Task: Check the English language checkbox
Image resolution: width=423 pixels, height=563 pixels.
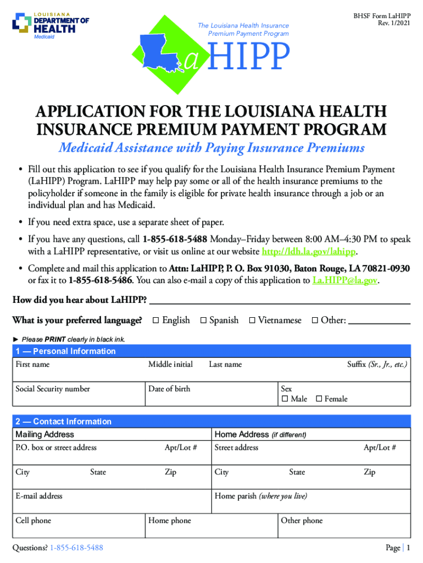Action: [155, 321]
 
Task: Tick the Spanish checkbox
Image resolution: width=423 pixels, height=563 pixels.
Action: [203, 321]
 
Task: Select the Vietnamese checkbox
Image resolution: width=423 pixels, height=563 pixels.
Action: [252, 321]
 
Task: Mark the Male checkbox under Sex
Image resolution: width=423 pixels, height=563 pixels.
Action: [285, 399]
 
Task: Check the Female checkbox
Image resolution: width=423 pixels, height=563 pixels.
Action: [319, 399]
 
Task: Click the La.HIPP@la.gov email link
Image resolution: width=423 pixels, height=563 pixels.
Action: [345, 280]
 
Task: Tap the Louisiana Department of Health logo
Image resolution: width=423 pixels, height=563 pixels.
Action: [51, 24]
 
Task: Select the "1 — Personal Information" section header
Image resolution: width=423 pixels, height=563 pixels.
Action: [65, 351]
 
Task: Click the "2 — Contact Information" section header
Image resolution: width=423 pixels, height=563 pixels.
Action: [63, 422]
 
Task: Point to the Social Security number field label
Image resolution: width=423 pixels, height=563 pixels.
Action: [53, 389]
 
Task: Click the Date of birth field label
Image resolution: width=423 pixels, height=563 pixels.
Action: [169, 389]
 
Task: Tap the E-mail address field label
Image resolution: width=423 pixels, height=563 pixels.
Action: [39, 496]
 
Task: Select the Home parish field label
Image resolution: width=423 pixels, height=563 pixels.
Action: [260, 496]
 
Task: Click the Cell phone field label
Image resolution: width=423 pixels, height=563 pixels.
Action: [34, 520]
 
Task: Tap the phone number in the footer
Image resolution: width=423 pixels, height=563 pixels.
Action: [76, 548]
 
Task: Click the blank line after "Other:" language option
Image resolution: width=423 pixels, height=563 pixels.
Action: [380, 322]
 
